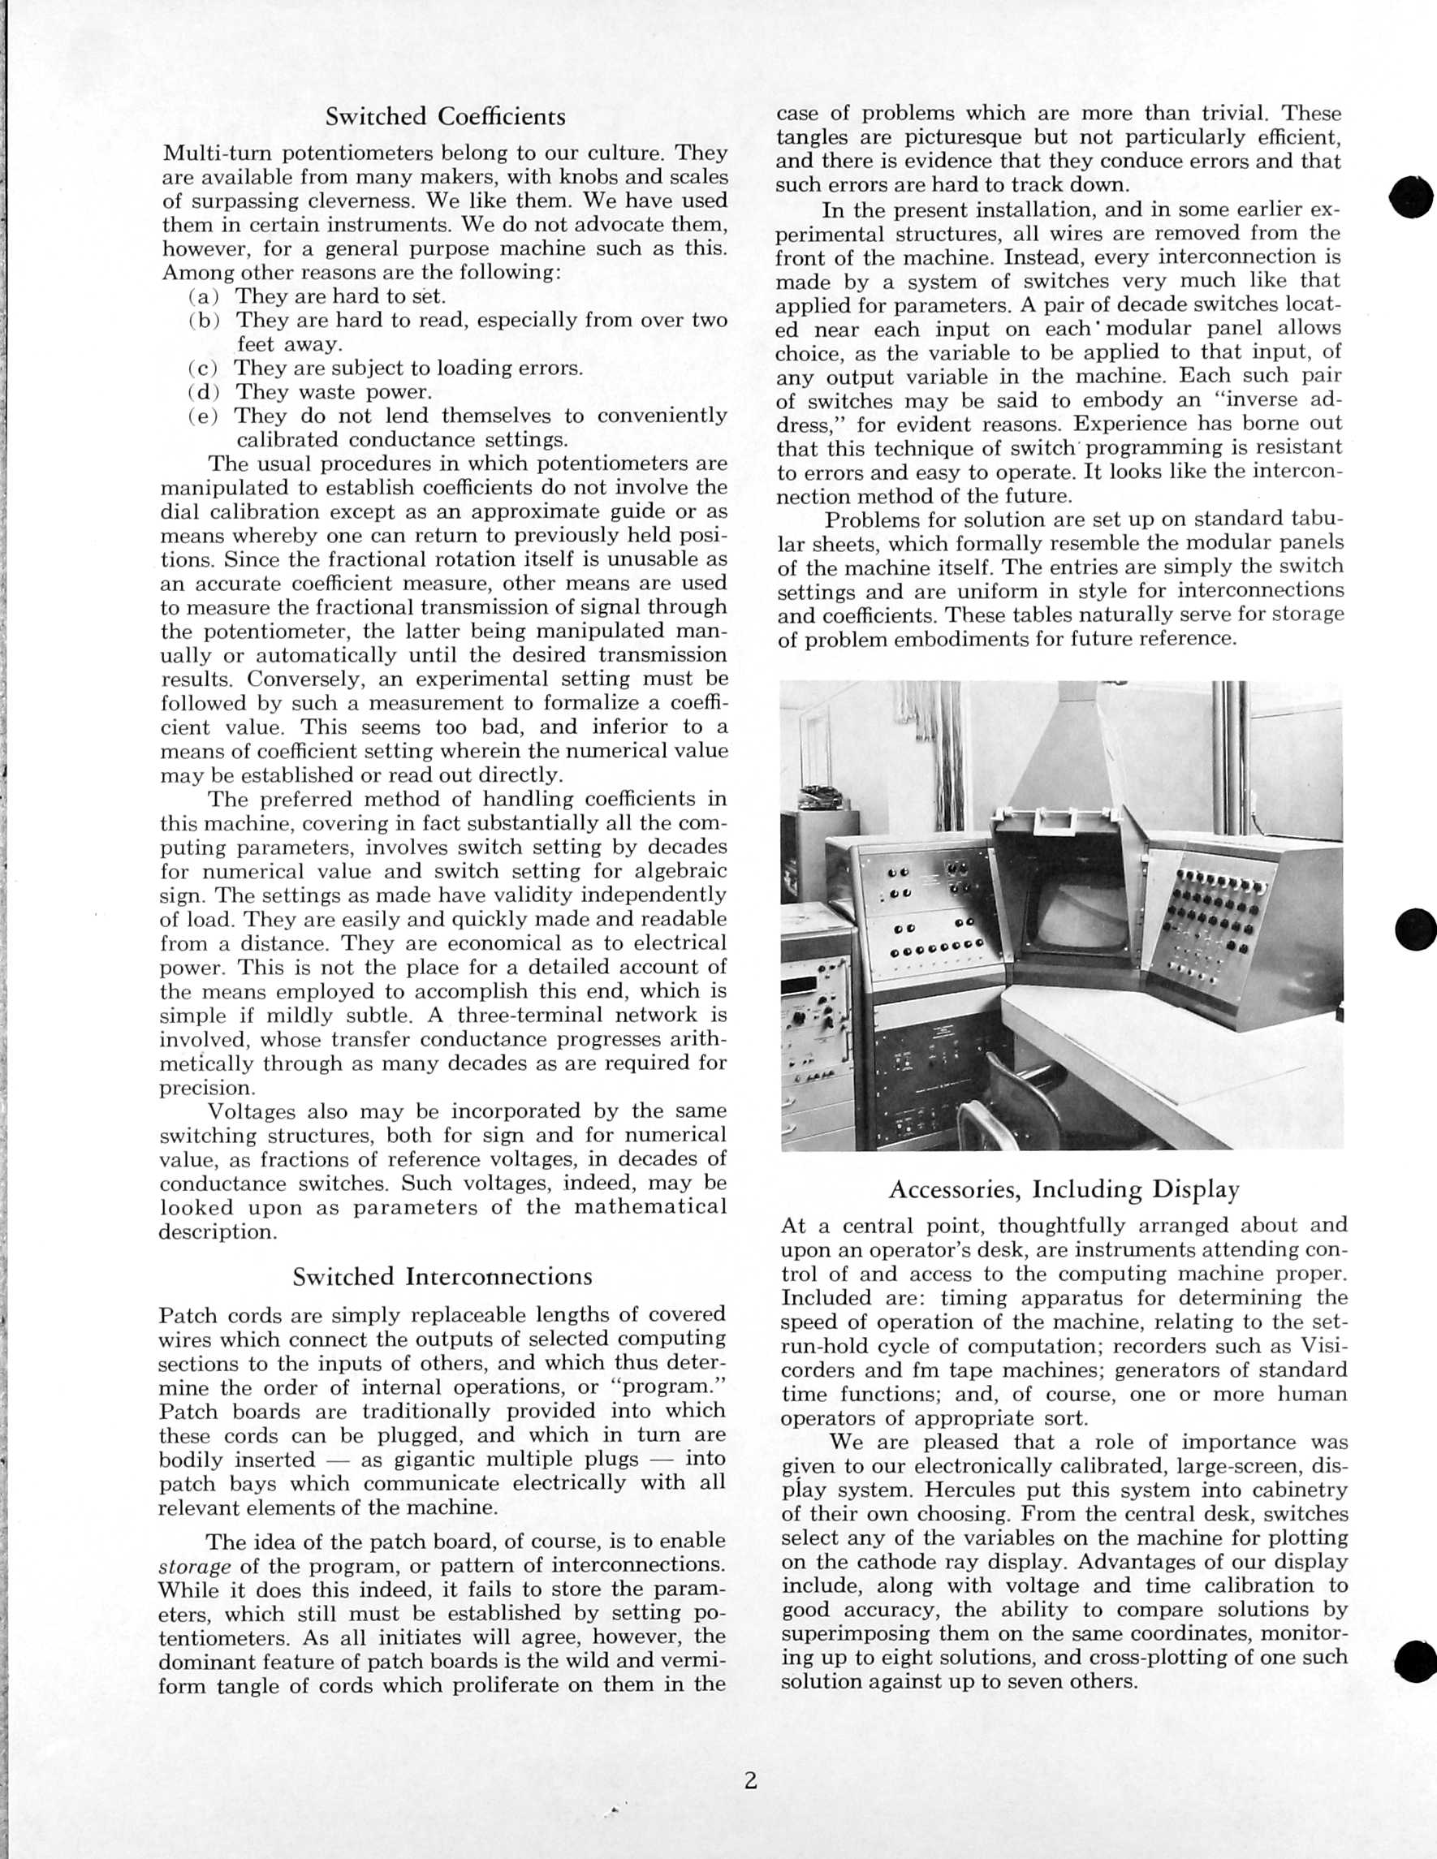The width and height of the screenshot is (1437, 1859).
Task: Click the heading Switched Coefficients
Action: [x=445, y=117]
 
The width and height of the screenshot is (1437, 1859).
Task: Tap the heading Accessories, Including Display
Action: [x=1064, y=1189]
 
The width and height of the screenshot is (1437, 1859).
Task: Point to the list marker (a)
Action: [x=204, y=297]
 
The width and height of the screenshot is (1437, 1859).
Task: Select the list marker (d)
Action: [x=204, y=392]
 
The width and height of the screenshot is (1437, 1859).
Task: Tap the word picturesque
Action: [x=964, y=138]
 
